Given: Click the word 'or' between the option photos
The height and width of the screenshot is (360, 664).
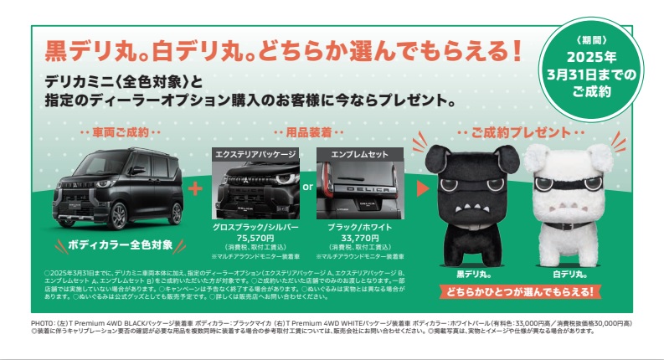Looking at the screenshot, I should click(307, 188).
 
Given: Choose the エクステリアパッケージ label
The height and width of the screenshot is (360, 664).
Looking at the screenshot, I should click(255, 155).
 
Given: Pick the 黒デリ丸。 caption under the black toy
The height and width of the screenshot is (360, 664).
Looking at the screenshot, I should click(462, 274).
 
